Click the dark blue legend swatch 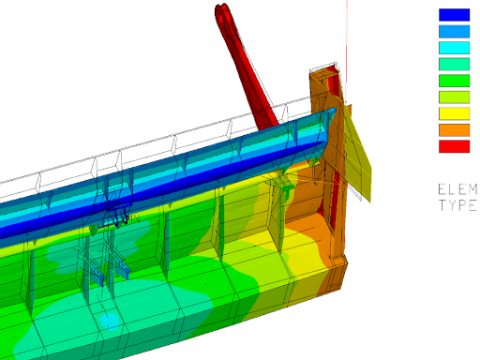[454, 15]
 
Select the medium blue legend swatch [454, 31]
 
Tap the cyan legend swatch [454, 48]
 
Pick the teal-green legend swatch [454, 64]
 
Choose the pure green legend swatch [454, 81]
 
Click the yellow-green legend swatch [454, 97]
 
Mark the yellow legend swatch [454, 113]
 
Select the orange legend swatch [454, 130]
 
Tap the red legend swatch [454, 146]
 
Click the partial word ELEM [458, 189]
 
